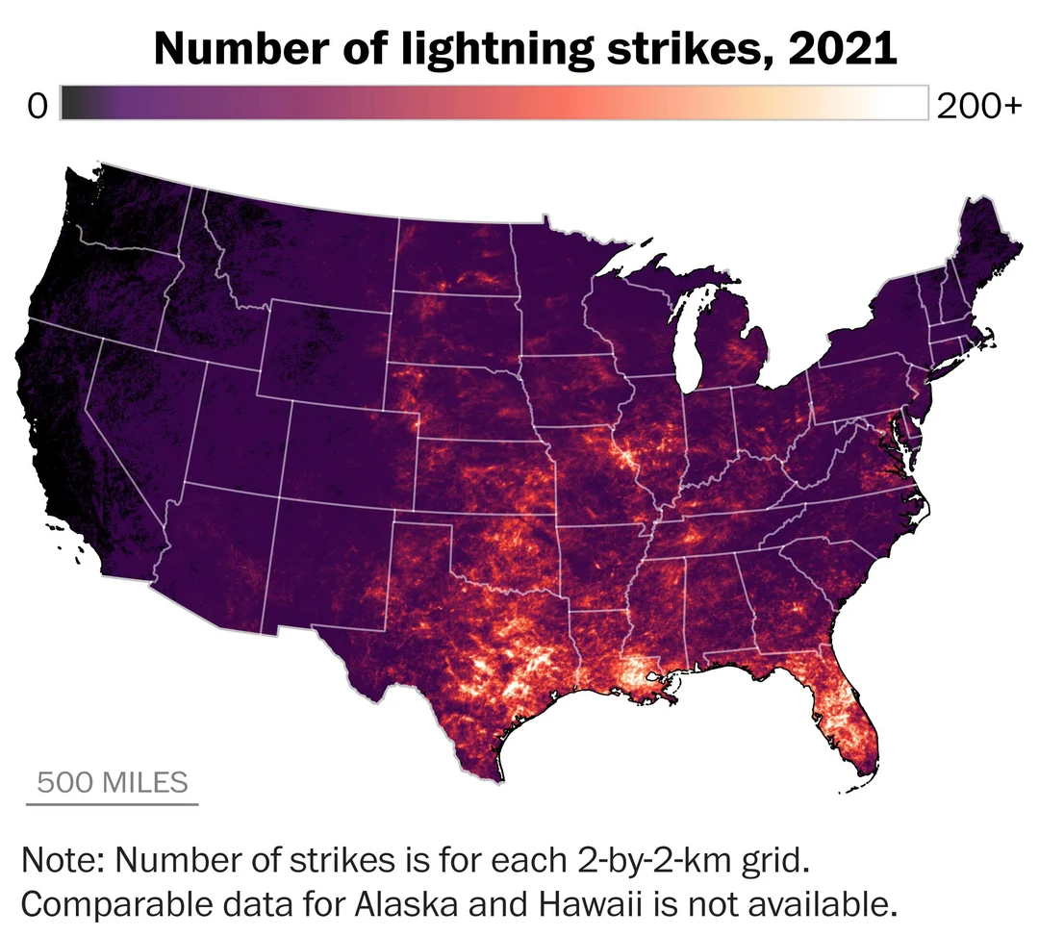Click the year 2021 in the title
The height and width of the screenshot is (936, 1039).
[x=842, y=48]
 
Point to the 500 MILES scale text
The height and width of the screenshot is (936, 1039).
[x=113, y=781]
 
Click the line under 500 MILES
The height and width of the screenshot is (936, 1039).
[x=113, y=802]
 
